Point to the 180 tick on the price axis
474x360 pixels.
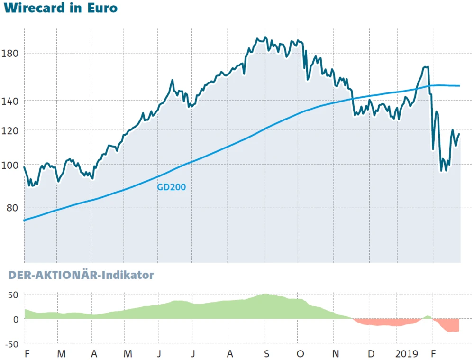(x=10, y=53)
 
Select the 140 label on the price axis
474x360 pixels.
(x=10, y=101)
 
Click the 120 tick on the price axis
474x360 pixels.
(x=10, y=130)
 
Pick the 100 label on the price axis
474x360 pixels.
(x=10, y=165)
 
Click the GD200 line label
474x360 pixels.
(x=171, y=187)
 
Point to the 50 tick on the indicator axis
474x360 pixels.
(x=13, y=295)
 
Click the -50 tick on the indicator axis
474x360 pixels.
(x=11, y=343)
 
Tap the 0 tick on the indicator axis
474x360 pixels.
(x=16, y=319)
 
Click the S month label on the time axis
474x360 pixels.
(x=266, y=354)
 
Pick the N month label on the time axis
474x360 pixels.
(x=336, y=354)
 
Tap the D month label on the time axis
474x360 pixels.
(x=371, y=354)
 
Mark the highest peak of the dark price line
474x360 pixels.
(x=264, y=37)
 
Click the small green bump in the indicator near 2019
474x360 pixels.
(x=428, y=316)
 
